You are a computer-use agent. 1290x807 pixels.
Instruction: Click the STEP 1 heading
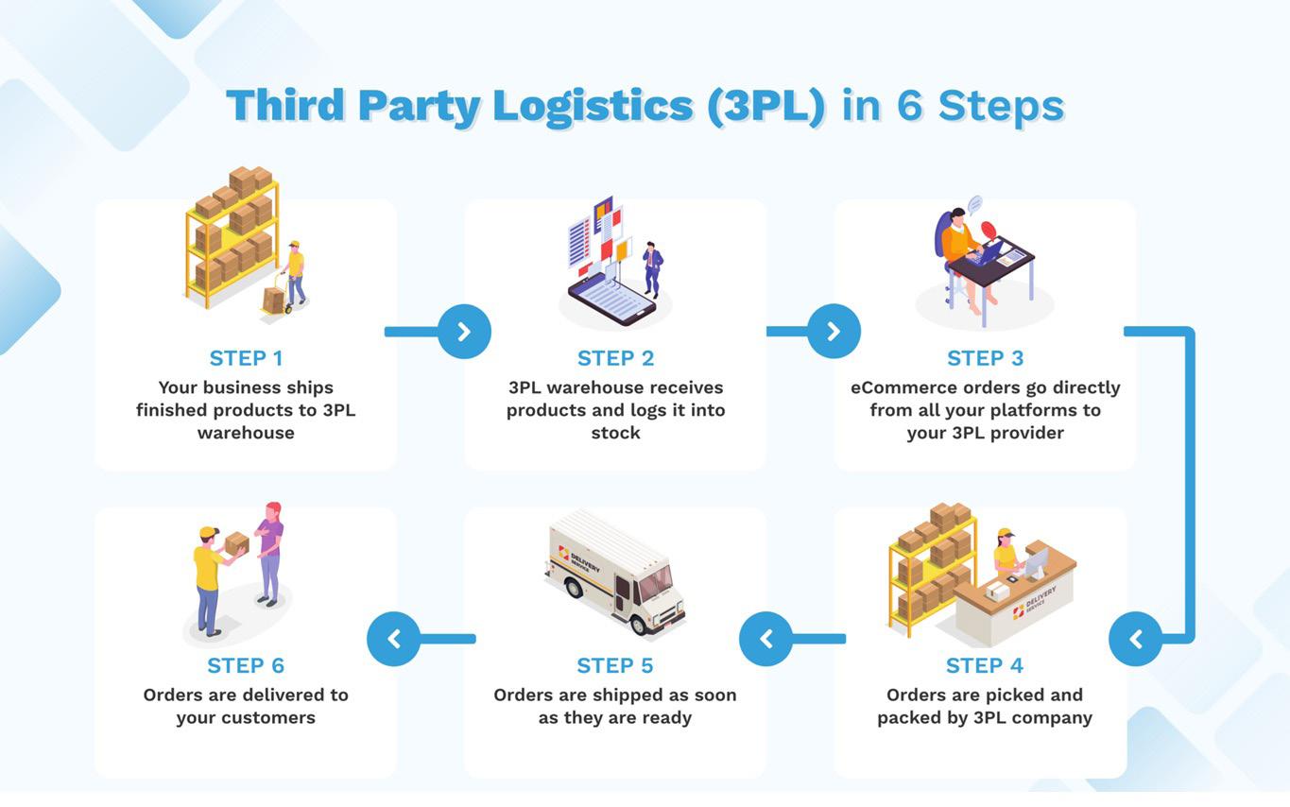[x=246, y=358]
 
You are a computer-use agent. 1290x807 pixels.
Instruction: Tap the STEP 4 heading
[x=985, y=666]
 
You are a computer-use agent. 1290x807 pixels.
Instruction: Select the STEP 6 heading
[x=246, y=666]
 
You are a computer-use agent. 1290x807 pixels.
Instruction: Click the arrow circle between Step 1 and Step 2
[x=464, y=331]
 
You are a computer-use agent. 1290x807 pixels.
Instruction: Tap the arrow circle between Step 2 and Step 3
[x=834, y=331]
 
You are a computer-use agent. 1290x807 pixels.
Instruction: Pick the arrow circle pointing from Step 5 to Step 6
[x=394, y=639]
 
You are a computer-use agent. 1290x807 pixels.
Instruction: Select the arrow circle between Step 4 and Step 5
[x=765, y=639]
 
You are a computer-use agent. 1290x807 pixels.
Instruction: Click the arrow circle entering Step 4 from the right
[x=1136, y=639]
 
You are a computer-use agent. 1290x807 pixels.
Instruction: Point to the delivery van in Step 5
[x=614, y=574]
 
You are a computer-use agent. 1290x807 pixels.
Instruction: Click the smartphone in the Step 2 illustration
[x=611, y=300]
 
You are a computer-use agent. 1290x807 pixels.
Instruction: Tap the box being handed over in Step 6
[x=236, y=543]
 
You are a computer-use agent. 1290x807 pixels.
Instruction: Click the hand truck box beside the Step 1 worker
[x=273, y=300]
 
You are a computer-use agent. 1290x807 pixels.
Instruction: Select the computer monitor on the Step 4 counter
[x=1036, y=561]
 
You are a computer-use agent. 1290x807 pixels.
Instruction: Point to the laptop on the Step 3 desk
[x=986, y=254]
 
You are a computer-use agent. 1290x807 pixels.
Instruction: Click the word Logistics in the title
[x=593, y=106]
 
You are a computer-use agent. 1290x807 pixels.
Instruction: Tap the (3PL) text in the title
[x=766, y=106]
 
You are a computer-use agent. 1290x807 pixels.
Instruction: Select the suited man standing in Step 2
[x=652, y=269]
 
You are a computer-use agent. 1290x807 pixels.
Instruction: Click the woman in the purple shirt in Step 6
[x=269, y=554]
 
